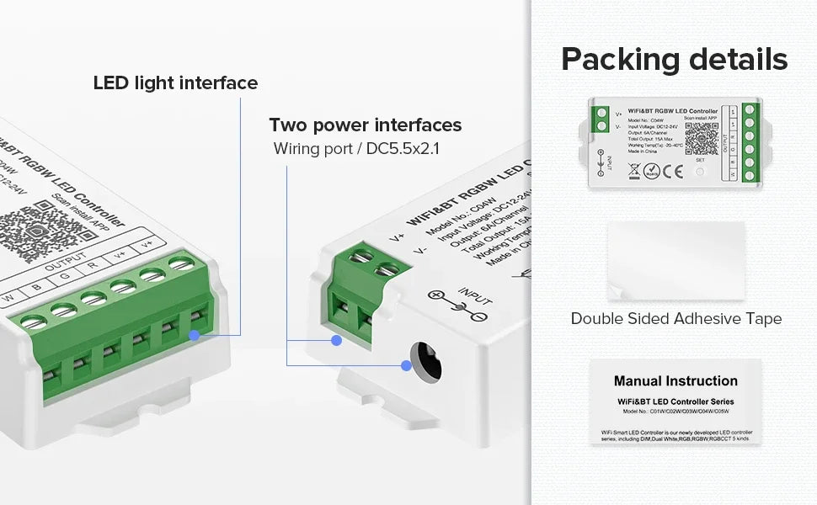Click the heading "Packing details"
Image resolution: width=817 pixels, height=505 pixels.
[674, 60]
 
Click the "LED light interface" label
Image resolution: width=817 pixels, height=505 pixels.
[175, 83]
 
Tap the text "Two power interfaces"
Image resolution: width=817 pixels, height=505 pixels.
[365, 125]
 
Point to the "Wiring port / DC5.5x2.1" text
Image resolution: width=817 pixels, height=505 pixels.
[357, 149]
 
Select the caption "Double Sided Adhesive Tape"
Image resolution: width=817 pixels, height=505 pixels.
[675, 319]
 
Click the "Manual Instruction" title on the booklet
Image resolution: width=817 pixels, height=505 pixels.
[675, 381]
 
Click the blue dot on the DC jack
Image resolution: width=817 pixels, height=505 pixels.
[406, 365]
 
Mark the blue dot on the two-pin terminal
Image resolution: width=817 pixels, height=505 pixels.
[336, 341]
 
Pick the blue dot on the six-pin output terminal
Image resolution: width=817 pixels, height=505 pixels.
[195, 335]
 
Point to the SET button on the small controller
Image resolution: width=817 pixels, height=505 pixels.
[700, 172]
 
